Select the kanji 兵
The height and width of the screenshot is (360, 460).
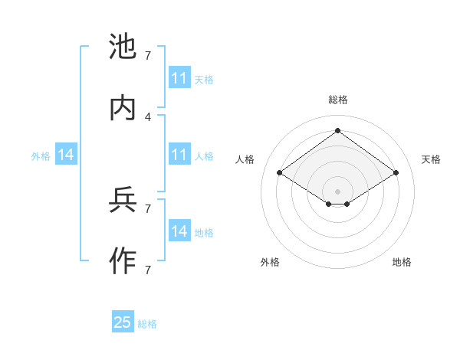(123, 201)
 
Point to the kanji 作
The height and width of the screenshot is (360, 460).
(123, 262)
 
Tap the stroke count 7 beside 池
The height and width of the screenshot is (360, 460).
(148, 56)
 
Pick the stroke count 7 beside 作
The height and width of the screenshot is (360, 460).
(148, 270)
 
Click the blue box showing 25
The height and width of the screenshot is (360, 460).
(123, 322)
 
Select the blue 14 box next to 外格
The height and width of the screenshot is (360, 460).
(66, 155)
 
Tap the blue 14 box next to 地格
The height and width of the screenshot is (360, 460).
(179, 231)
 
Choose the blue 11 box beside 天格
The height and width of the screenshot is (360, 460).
(179, 78)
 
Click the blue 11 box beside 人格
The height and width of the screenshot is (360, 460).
(179, 155)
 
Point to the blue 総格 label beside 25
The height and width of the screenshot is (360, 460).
(147, 324)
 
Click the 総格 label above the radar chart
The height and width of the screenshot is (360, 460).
(337, 100)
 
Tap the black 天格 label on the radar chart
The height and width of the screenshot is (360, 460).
(432, 159)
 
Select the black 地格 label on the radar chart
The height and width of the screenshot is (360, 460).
(402, 262)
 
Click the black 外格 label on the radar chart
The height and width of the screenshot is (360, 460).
(270, 262)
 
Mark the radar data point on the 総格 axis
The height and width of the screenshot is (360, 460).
(337, 130)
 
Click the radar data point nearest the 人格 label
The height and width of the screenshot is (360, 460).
(280, 173)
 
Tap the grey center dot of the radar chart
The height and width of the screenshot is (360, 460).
(337, 191)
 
